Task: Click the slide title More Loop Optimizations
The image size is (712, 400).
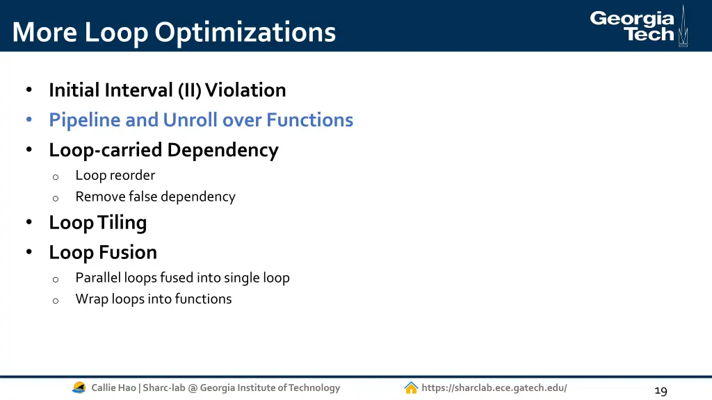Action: click(174, 32)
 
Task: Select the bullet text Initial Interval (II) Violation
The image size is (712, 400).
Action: click(167, 90)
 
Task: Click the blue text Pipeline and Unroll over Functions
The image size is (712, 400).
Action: click(201, 120)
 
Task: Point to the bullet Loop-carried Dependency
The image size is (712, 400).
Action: click(163, 150)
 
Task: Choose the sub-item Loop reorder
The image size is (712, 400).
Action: click(115, 176)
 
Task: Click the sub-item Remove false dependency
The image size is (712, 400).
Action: click(155, 197)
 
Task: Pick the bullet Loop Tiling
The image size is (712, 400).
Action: click(97, 223)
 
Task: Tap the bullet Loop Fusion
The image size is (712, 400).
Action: click(103, 253)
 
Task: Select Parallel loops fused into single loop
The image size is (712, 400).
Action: click(182, 278)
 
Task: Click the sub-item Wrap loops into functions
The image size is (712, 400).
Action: click(154, 299)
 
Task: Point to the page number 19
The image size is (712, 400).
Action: click(661, 390)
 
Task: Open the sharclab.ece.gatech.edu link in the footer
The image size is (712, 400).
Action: click(494, 388)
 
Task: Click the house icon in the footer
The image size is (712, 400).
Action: click(411, 388)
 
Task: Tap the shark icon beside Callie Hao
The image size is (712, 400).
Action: click(79, 388)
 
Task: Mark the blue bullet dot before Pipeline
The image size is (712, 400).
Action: click(29, 120)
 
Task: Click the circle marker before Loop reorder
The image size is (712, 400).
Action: click(56, 177)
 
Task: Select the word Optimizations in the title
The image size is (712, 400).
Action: click(245, 32)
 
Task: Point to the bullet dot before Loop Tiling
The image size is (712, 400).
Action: click(29, 223)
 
